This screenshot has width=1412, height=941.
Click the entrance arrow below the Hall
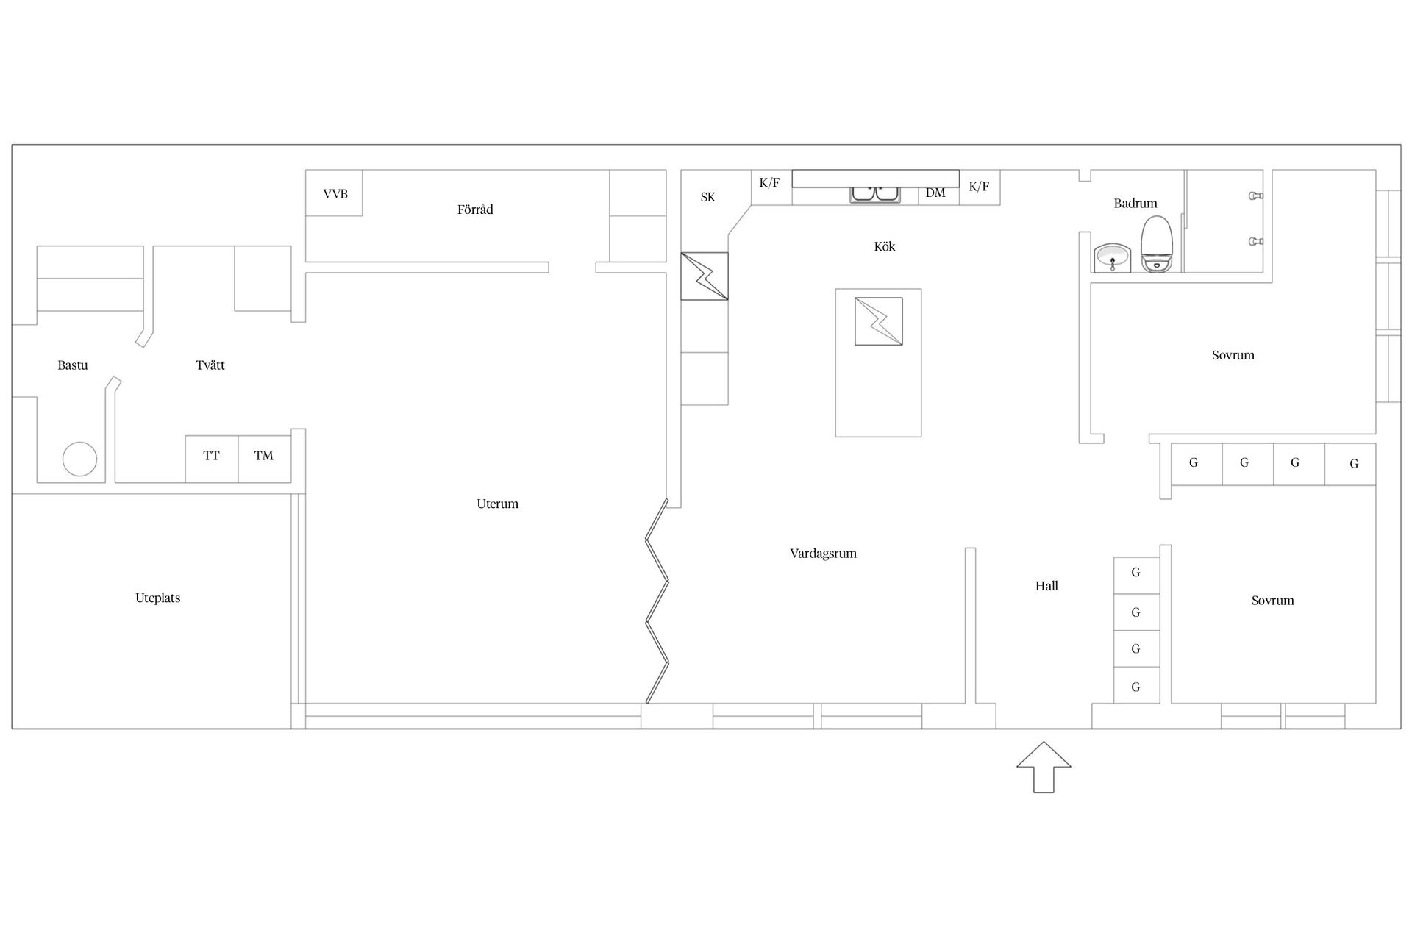click(1044, 768)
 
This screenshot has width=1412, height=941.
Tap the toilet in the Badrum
click(1156, 245)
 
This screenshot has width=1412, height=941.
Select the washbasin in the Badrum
click(1111, 258)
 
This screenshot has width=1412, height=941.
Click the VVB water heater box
click(335, 193)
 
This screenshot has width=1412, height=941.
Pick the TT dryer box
click(212, 459)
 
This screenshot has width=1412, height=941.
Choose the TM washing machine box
click(265, 459)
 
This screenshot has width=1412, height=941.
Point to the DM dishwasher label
click(935, 193)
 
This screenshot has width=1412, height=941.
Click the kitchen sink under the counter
click(875, 194)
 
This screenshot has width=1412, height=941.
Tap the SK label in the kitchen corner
click(707, 197)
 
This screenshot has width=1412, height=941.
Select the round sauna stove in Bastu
click(79, 459)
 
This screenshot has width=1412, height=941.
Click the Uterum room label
click(498, 504)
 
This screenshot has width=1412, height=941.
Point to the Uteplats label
click(158, 598)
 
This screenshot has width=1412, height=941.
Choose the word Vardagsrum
click(823, 554)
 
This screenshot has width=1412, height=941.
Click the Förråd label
click(475, 210)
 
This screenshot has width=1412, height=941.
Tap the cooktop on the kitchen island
click(878, 321)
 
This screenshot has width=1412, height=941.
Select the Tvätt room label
click(210, 365)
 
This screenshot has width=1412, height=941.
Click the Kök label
click(885, 246)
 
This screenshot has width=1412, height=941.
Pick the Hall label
click(1046, 586)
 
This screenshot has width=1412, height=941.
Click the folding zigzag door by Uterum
click(657, 601)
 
